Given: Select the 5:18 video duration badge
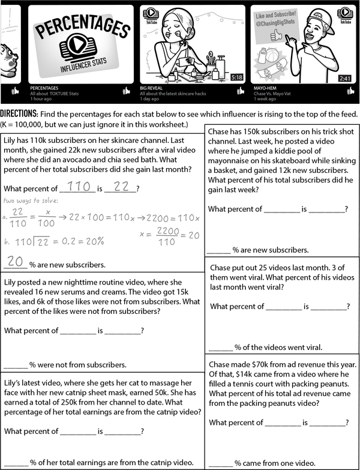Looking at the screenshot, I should click(x=236, y=77).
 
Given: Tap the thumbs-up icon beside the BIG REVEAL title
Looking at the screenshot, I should click(x=239, y=91).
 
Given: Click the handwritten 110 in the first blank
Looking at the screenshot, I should click(x=79, y=187).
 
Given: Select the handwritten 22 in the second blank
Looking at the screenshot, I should click(x=122, y=187).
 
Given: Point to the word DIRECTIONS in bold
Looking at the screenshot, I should click(x=19, y=114).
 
